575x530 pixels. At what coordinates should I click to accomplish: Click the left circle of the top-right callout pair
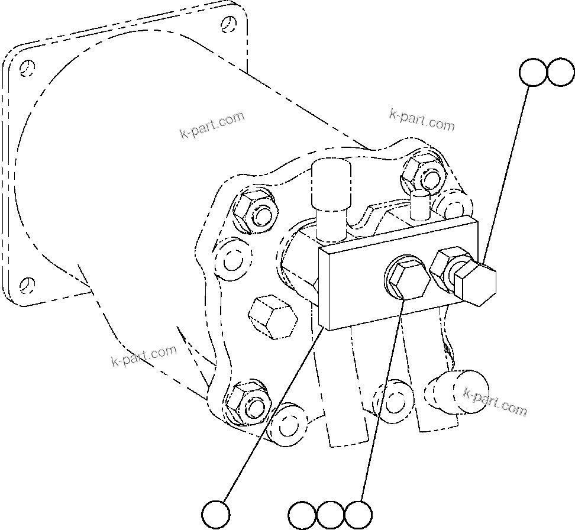pos(532,72)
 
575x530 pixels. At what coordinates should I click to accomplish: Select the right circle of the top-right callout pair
pos(560,72)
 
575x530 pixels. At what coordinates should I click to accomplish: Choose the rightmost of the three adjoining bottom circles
pos(358,515)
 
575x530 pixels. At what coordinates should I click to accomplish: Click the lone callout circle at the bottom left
pos(216,514)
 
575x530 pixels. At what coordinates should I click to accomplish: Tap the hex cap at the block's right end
pos(476,283)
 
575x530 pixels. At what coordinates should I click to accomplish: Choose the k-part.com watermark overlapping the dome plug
pos(495,402)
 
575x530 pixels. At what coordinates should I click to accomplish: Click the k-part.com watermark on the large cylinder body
pos(211,124)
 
